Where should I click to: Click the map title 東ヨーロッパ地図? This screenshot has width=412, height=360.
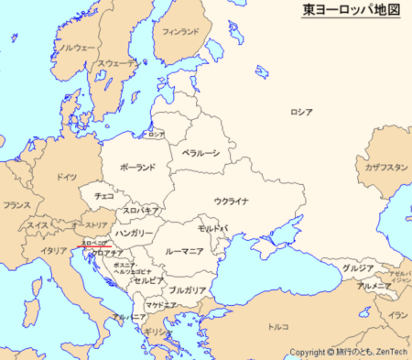[352, 11]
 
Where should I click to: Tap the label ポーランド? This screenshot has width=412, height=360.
[137, 167]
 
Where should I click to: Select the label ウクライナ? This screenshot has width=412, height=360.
[232, 202]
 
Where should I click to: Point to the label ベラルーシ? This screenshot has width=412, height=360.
[201, 153]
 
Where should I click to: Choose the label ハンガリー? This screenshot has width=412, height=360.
[135, 234]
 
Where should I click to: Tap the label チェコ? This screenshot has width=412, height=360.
[104, 196]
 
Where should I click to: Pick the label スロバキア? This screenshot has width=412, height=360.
[141, 211]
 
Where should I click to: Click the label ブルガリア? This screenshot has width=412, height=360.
[187, 289]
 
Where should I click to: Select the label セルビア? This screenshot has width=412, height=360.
[149, 280]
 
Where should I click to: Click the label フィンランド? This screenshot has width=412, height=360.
[180, 31]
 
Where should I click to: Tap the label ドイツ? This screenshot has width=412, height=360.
[66, 176]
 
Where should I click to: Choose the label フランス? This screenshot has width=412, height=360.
[16, 206]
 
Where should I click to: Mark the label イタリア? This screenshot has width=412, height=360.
[54, 249]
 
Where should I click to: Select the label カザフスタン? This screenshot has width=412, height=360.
[385, 168]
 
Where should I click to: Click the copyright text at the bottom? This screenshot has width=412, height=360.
[348, 352]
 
